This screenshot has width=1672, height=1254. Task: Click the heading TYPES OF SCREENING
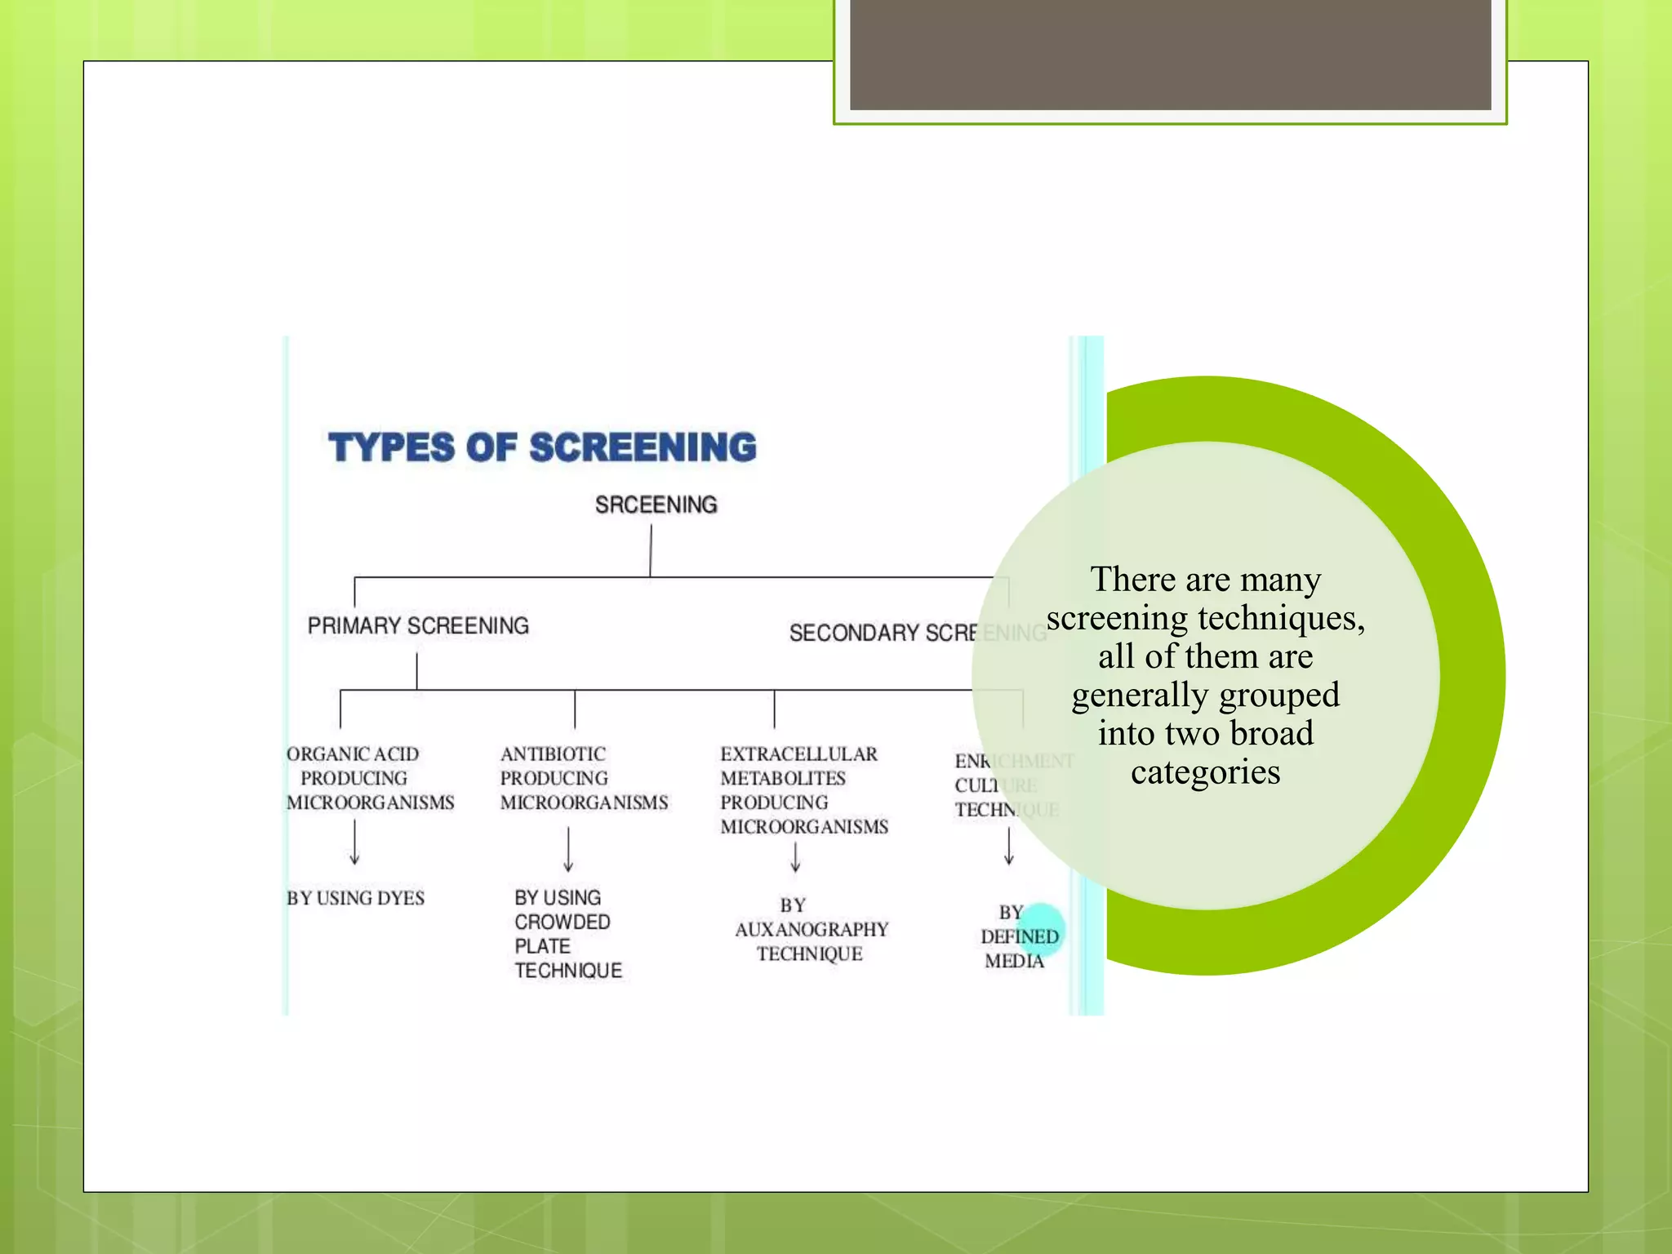coord(542,447)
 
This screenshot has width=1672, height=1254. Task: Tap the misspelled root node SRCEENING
coord(656,505)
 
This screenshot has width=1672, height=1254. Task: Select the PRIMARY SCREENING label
coord(418,625)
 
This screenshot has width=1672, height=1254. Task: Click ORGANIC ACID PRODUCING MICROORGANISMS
coord(369,778)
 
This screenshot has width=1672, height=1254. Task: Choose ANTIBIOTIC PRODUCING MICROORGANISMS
coord(584,778)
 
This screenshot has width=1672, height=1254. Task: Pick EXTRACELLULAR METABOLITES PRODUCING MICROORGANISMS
coord(803,790)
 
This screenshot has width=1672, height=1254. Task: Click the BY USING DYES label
coord(355,898)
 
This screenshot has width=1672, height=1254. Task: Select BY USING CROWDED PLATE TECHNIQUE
coord(567,934)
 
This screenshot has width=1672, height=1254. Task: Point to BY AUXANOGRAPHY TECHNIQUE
coord(811,930)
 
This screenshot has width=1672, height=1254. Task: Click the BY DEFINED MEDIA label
coord(1017,936)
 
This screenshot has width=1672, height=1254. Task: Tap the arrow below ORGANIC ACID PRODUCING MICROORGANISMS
coord(354,843)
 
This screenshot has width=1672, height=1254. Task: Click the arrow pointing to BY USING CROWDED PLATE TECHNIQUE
coord(568,850)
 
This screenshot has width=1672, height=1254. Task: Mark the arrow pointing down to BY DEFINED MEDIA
coord(1009,847)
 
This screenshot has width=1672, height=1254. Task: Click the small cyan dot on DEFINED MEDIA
coord(1042,926)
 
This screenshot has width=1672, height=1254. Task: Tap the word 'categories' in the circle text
coord(1205,772)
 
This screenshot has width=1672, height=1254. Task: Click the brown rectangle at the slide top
coord(1170,55)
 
